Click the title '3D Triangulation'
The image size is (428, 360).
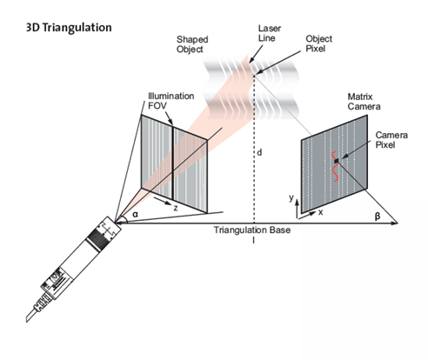coord(69,28)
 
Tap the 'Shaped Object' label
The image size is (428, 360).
coord(192,44)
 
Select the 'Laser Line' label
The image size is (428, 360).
coord(270,33)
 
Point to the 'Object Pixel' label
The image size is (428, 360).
coord(318,43)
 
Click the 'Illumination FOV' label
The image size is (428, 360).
coord(171,101)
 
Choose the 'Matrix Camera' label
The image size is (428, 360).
coord(364,102)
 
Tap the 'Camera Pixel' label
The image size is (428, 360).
coord(391,139)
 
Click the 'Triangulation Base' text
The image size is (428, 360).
coord(252,230)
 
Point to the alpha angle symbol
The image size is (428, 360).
coord(136,215)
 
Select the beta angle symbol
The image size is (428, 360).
coord(378,217)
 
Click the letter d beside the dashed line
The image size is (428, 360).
coord(259,152)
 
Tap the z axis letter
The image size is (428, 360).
coord(176,208)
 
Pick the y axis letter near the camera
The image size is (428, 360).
coord(291,197)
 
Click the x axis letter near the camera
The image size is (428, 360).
coord(320,212)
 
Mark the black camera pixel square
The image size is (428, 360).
coord(337,161)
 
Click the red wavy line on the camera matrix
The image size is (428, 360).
coord(336,166)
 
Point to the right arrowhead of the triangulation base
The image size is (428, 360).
coord(395,223)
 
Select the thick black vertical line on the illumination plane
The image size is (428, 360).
coord(173,162)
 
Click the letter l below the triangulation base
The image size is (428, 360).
coord(254,240)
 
